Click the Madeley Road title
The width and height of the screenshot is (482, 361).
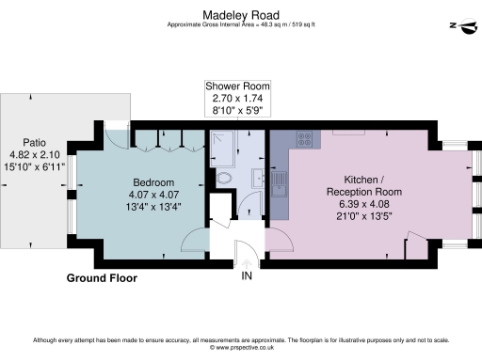coord(241,14)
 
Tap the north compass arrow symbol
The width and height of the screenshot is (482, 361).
coord(461,26)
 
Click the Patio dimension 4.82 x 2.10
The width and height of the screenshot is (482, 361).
coord(34,154)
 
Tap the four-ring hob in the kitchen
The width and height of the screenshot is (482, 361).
coord(306,140)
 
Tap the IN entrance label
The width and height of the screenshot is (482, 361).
coord(247,276)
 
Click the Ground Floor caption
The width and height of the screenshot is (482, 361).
coord(101,278)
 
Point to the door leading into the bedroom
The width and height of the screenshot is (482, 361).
coord(193,242)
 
